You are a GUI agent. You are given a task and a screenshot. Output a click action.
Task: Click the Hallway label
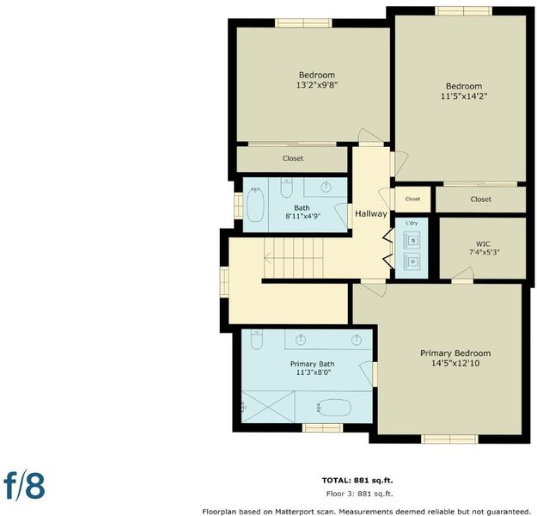371,214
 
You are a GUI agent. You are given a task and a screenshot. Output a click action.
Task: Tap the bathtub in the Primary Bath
333,408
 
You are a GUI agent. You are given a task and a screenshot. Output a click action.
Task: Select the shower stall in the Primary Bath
268,407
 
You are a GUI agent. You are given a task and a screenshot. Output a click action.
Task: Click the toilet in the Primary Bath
256,340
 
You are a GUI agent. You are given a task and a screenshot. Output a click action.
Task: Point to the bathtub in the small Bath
255,205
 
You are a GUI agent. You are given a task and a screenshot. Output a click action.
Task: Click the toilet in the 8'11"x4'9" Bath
286,187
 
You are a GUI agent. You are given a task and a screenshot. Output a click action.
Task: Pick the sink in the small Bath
326,187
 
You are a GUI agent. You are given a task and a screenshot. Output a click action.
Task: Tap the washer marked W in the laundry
412,240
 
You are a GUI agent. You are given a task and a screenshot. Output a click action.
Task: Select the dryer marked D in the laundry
412,261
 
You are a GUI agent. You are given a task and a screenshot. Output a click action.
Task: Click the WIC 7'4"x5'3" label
483,249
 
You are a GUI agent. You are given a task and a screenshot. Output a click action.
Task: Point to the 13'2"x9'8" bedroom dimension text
317,84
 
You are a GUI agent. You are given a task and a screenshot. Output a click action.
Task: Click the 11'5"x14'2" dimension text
464,96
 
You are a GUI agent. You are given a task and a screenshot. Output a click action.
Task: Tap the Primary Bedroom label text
455,353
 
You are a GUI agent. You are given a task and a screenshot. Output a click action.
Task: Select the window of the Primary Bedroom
449,439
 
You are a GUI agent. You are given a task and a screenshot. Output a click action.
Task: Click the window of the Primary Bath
322,427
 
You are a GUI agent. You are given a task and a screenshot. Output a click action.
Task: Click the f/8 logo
24,486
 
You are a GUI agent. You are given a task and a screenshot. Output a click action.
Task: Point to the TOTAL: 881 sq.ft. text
357,481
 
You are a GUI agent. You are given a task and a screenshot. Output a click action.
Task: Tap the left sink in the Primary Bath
301,340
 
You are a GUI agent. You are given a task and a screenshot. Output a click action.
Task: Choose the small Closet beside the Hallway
412,200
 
